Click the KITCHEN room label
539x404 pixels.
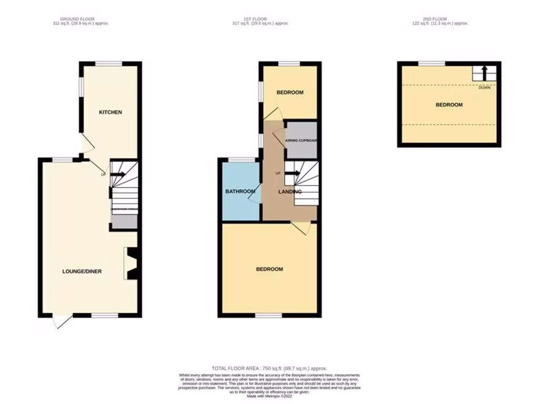111,112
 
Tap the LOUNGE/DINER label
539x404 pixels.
82,271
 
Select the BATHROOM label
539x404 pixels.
240,191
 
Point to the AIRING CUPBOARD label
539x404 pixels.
301,141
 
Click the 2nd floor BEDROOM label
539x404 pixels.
449,105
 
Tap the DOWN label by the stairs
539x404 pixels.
484,87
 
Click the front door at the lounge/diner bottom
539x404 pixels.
62,321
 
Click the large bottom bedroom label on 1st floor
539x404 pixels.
269,269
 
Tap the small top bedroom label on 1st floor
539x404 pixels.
290,93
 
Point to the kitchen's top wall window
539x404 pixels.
109,64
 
